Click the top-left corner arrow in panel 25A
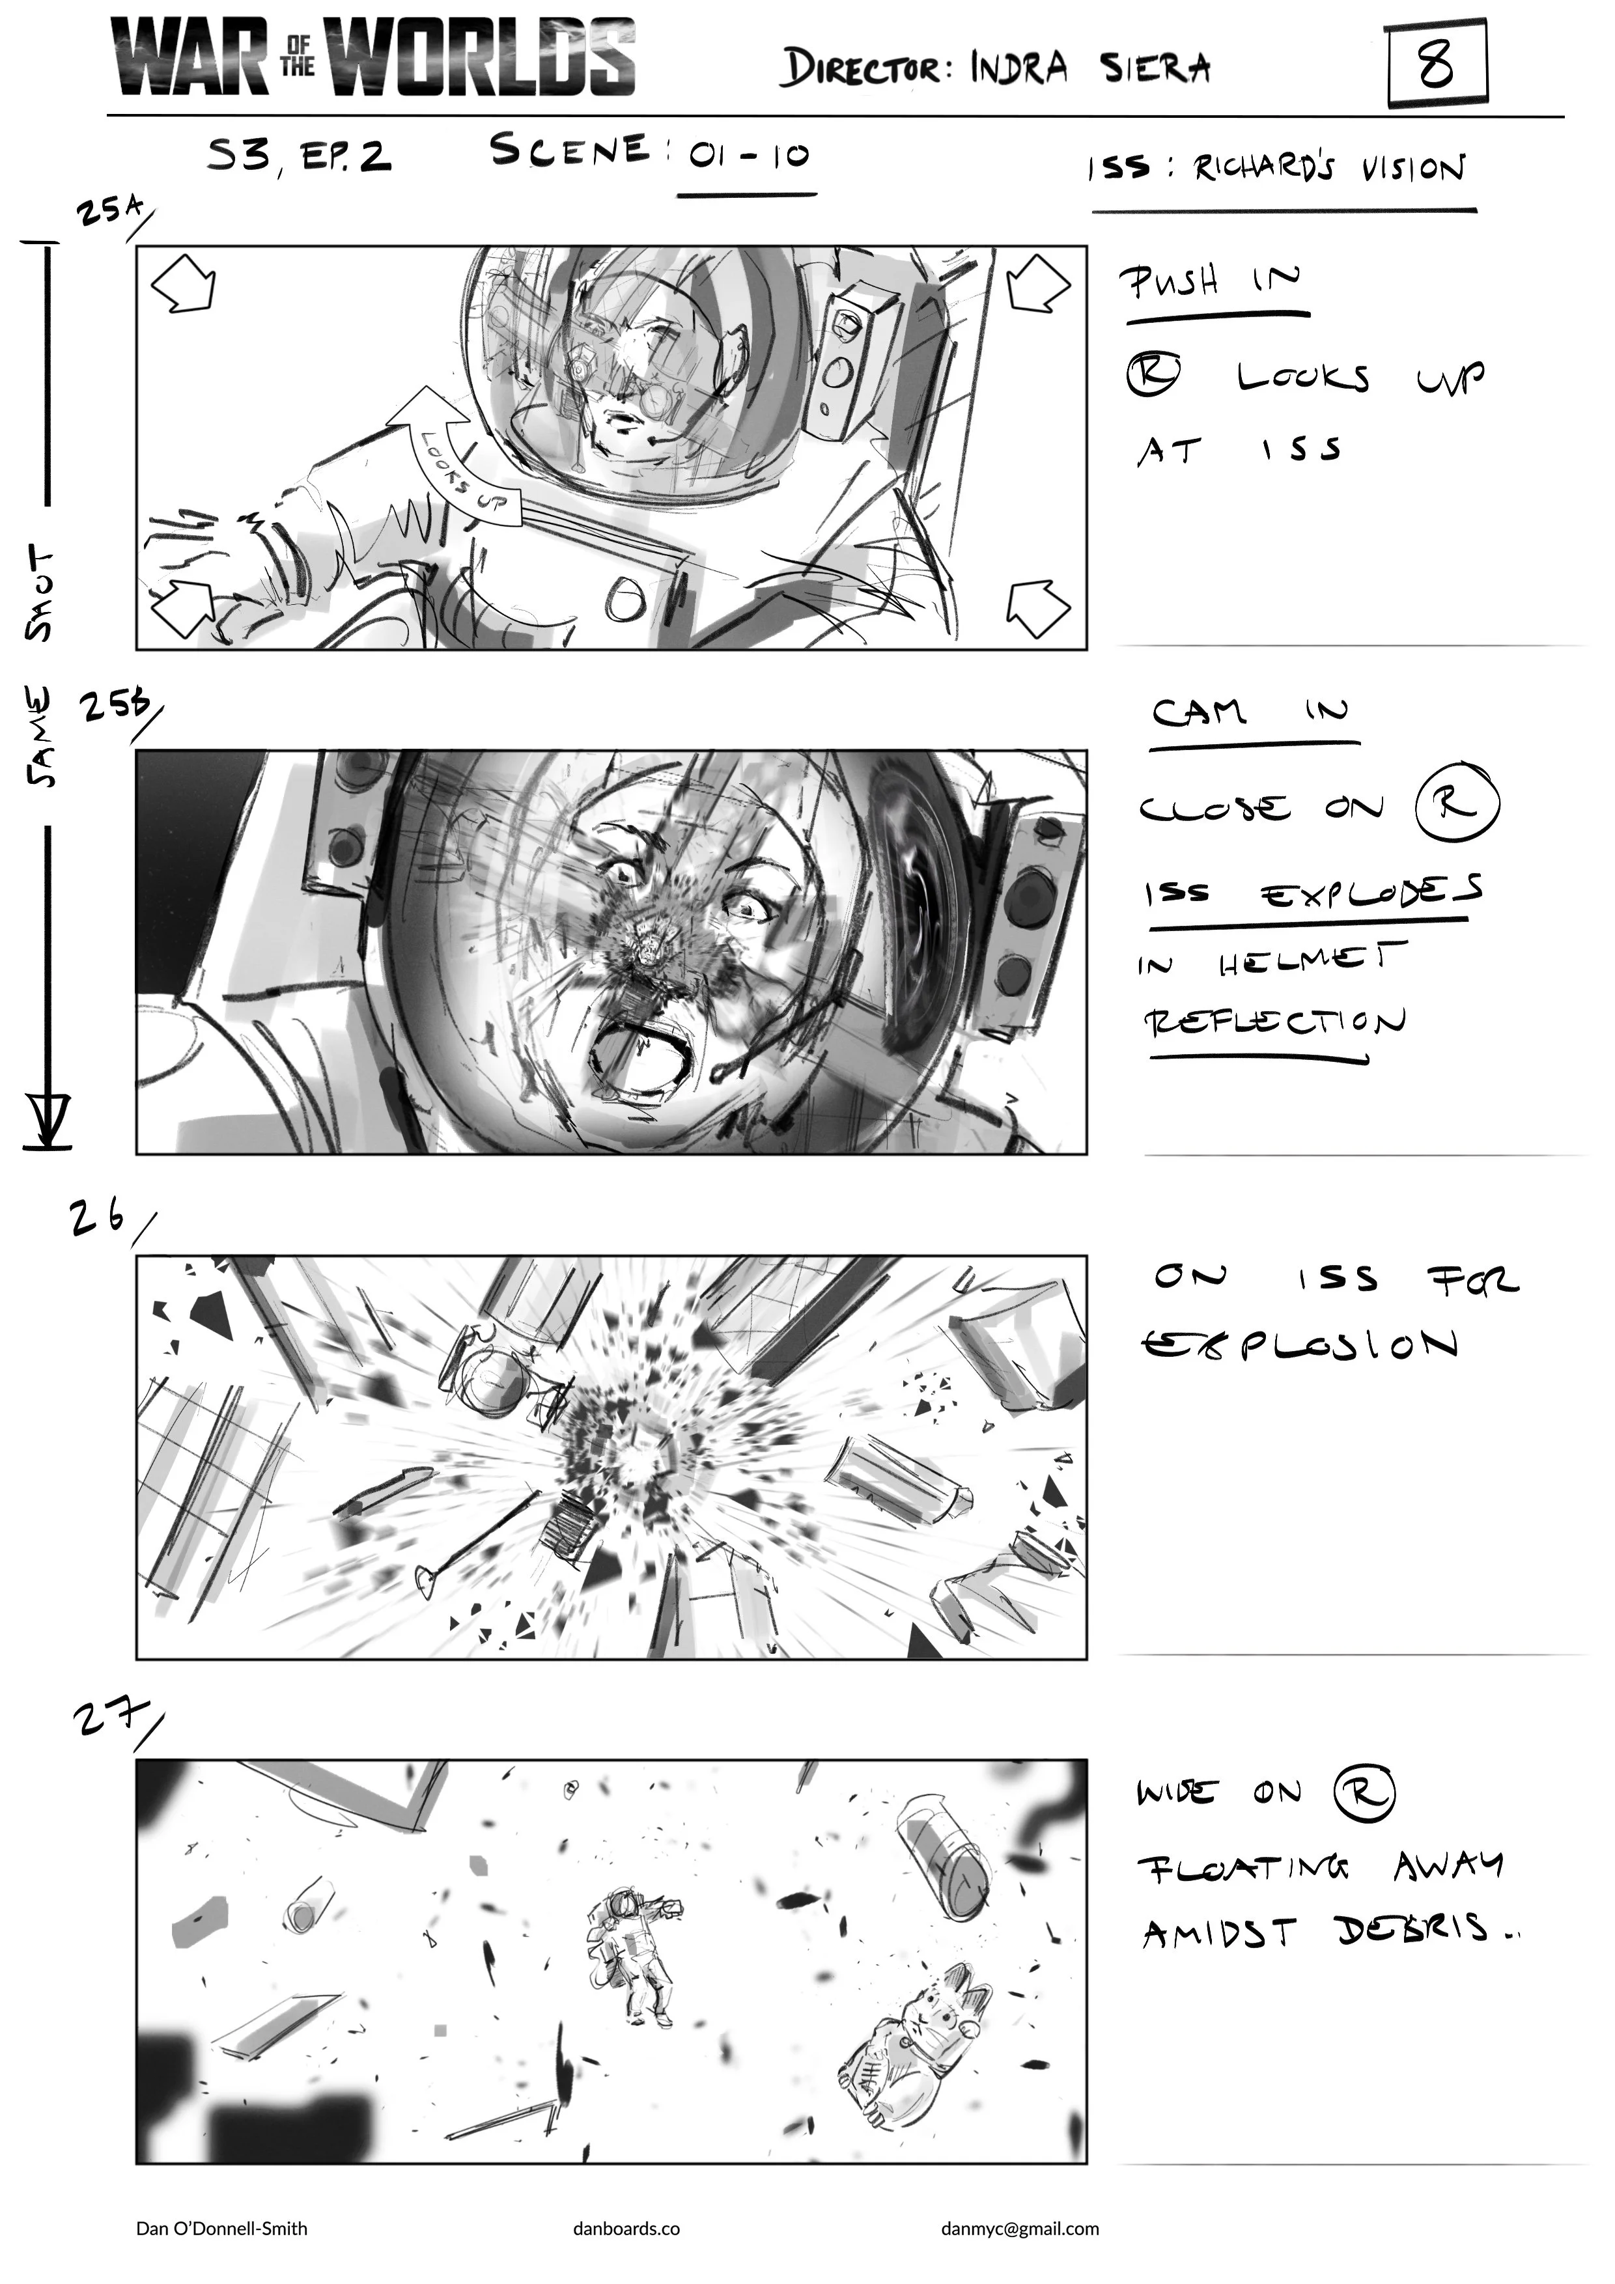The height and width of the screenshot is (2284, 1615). pos(184,283)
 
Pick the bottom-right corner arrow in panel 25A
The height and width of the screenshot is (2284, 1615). pos(1038,608)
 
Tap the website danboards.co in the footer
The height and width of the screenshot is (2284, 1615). pos(627,2228)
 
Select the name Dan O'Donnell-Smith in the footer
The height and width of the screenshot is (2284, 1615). pos(222,2228)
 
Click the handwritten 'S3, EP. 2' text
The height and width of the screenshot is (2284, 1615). pos(298,156)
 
